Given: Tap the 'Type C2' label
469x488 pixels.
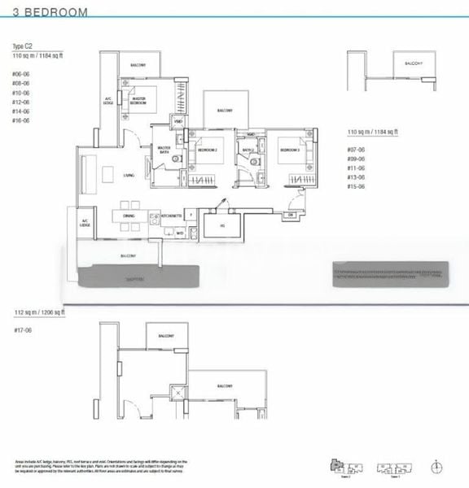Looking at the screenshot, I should tap(21, 47).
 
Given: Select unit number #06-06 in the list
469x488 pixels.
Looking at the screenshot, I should tap(21, 74).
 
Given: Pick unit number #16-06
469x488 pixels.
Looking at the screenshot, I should tap(21, 120).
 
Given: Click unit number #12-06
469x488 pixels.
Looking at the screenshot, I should tap(21, 102).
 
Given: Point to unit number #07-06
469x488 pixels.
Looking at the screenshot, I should tap(357, 150).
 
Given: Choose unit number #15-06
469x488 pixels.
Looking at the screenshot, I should tap(357, 186).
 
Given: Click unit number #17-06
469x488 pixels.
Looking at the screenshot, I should tap(21, 329).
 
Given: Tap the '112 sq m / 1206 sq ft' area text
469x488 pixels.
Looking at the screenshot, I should tap(40, 312).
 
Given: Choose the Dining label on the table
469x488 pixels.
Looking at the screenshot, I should tap(129, 216).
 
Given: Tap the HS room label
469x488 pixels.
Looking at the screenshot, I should tap(221, 225).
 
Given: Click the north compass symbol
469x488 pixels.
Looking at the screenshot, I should tap(437, 466).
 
